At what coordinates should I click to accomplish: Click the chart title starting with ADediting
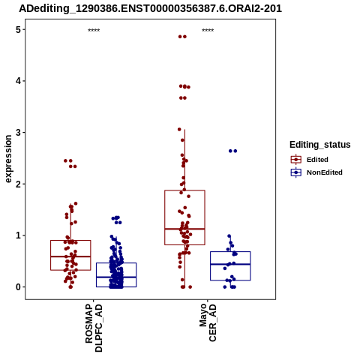[x=150, y=8]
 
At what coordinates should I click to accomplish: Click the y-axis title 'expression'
[x=8, y=159]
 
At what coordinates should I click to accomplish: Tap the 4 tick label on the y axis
[x=18, y=81]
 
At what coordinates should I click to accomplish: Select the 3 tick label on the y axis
[x=18, y=133]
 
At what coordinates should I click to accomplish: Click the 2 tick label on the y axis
[x=18, y=184]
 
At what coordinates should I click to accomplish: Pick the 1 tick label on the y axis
[x=18, y=235]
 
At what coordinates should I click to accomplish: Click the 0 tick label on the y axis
[x=18, y=287]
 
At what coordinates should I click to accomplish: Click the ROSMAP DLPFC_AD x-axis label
[x=94, y=328]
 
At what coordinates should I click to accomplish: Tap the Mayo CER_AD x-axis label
[x=208, y=322]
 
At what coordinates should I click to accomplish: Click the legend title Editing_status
[x=320, y=145]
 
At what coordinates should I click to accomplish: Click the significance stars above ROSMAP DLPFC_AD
[x=94, y=31]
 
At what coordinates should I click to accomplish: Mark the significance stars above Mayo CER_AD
[x=208, y=31]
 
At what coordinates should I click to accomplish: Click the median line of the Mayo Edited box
[x=184, y=229]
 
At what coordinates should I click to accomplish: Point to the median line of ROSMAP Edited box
[x=70, y=256]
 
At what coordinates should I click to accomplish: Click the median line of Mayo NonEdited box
[x=230, y=264]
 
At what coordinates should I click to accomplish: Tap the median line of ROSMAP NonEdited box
[x=116, y=277]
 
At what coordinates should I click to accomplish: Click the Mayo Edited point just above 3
[x=179, y=130]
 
